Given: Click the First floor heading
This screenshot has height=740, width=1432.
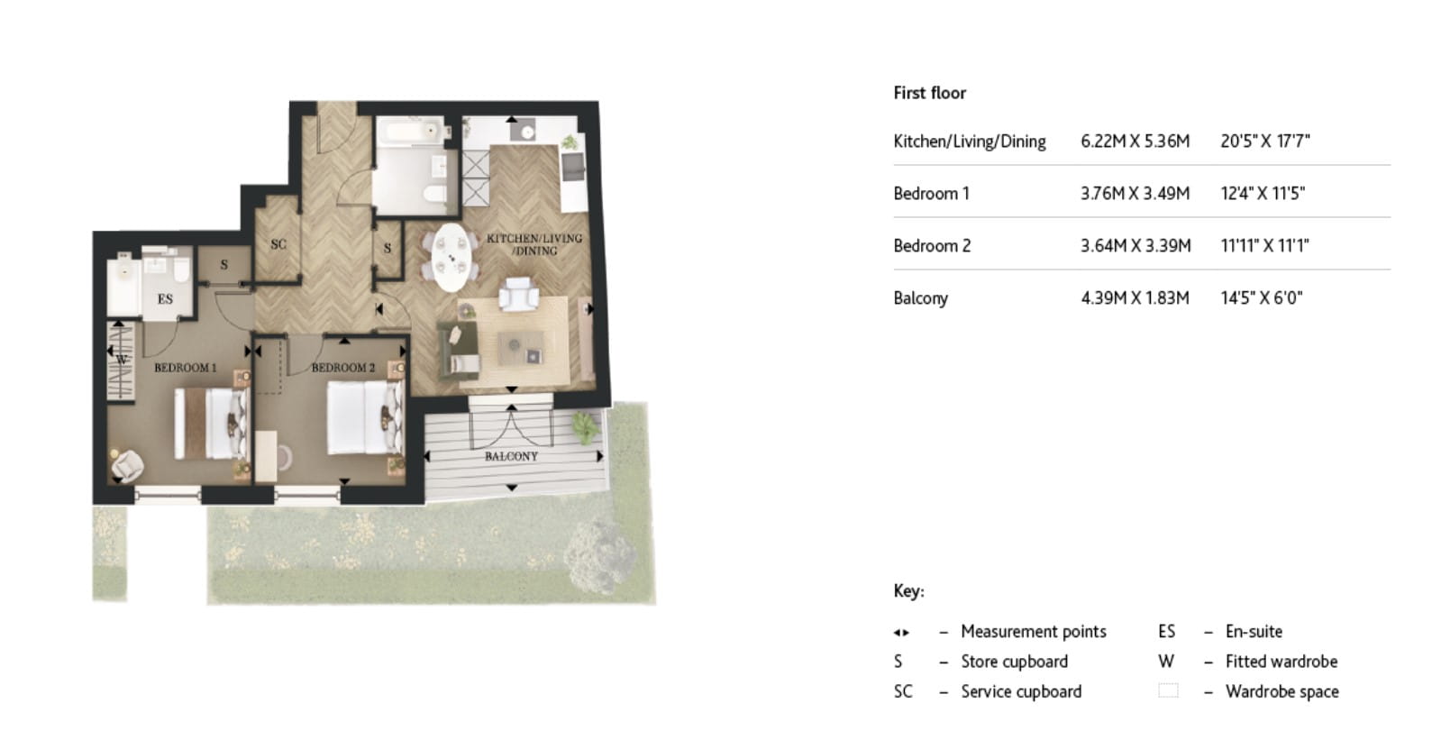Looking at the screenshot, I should [929, 93].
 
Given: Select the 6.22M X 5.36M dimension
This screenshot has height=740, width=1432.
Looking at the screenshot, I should [1135, 142].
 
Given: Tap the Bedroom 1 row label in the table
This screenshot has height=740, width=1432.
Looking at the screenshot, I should [931, 194].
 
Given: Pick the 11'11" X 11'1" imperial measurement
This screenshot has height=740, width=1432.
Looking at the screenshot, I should [1264, 246].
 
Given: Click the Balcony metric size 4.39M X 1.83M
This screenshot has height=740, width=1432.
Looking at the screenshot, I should [1135, 298].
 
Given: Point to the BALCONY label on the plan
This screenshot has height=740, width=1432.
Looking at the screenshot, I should [511, 457].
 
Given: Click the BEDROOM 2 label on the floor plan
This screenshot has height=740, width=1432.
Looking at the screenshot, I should [343, 368].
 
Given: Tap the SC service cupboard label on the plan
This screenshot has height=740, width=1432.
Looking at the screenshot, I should [278, 244].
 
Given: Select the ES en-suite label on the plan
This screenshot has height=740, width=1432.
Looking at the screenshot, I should [165, 299].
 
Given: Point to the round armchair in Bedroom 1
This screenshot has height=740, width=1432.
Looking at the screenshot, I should [127, 464].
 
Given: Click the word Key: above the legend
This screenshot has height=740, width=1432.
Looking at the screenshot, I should [908, 591].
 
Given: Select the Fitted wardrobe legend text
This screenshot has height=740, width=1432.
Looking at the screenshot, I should [1281, 662].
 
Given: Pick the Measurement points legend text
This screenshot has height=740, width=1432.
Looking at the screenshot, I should [1033, 632].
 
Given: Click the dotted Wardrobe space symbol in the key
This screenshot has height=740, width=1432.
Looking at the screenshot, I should [1167, 691].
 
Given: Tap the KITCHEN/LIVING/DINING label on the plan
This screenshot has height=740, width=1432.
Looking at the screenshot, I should [534, 244].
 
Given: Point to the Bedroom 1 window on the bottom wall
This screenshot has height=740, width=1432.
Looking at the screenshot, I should [168, 493].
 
